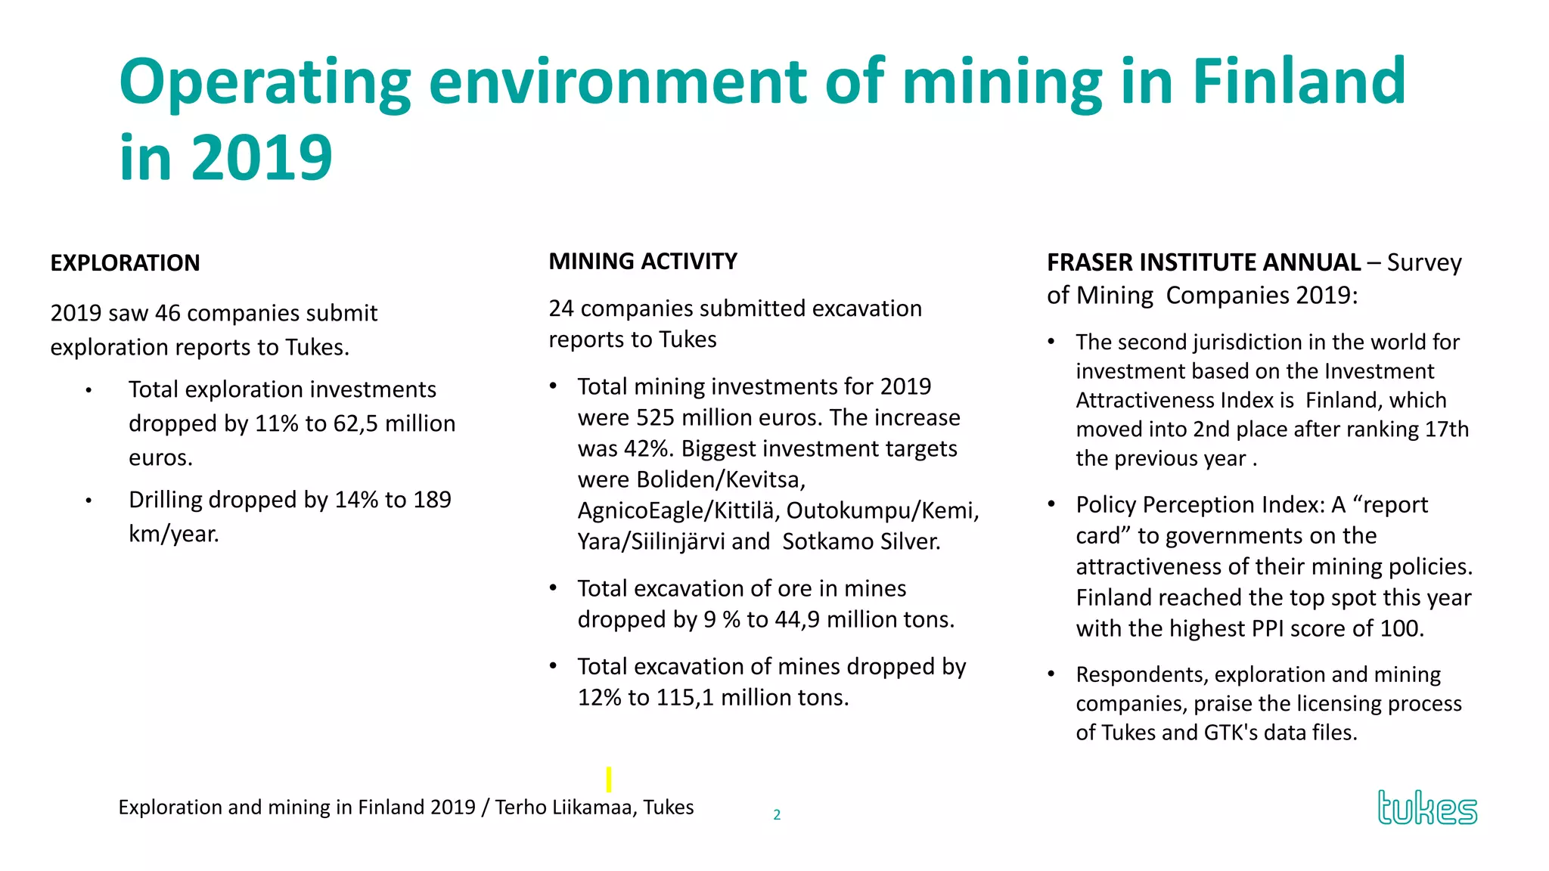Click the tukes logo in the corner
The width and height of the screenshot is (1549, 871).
(1426, 807)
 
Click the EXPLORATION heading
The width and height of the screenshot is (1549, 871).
(125, 263)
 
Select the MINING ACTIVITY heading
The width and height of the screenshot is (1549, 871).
(643, 262)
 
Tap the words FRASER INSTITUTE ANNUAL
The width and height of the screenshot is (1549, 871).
(1203, 262)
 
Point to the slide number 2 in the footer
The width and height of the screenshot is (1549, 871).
(777, 815)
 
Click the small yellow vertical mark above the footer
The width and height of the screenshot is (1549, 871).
(609, 779)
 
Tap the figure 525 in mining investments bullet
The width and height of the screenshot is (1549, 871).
(656, 418)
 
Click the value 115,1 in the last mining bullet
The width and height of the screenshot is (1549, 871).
(684, 698)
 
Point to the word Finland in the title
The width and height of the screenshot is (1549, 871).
(1299, 82)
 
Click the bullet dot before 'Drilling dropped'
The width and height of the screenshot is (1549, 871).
(88, 501)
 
